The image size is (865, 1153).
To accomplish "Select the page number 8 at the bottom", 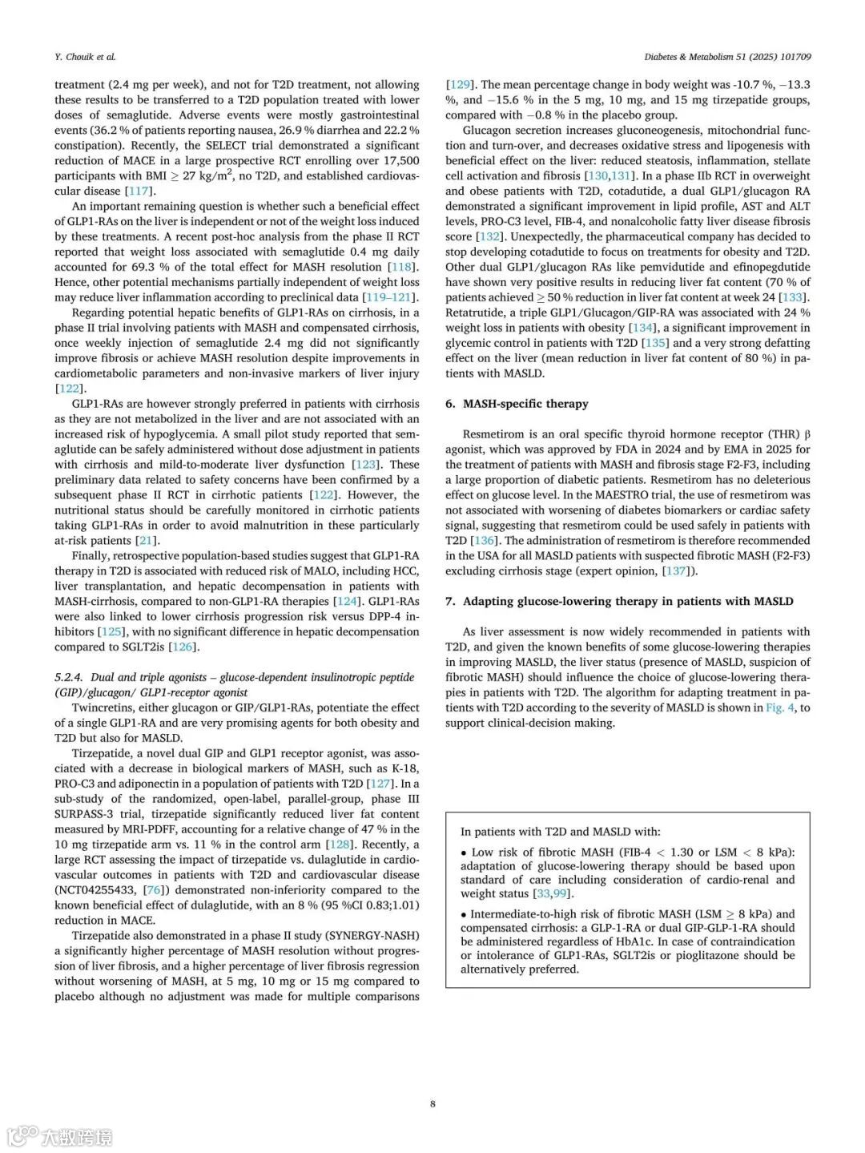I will pos(432,1103).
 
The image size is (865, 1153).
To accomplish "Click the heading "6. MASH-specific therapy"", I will pos(517,404).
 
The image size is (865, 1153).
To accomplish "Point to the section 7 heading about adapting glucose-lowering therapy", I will pos(619,601).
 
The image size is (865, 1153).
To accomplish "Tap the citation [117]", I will pos(139,191).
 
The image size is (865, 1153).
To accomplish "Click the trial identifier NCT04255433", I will pos(96,890).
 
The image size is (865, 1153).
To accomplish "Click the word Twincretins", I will pos(102,708).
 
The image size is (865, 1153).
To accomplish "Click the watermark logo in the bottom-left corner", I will pos(22,1136).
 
